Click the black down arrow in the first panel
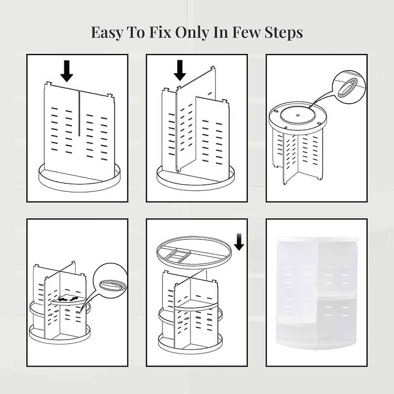[x=67, y=71]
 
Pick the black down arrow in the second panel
[x=180, y=70]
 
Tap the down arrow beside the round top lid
[x=239, y=242]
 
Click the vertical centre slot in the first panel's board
[x=79, y=113]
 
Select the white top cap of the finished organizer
[x=317, y=239]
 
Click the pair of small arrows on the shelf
[x=68, y=299]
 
